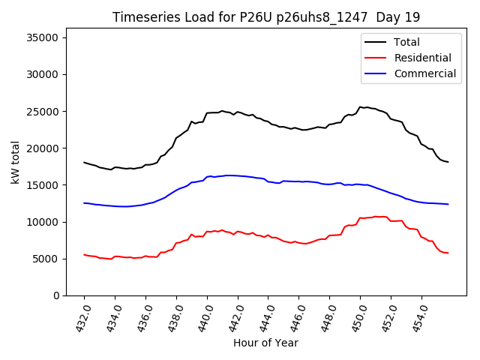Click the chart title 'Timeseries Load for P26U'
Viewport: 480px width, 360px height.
(x=265, y=17)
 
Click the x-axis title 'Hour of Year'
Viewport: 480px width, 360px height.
(x=265, y=343)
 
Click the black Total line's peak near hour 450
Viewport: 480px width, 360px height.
(x=361, y=107)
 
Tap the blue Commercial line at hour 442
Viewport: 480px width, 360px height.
(x=238, y=175)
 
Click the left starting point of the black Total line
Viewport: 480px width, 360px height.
(x=84, y=162)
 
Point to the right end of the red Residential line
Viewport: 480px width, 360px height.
(x=448, y=253)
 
